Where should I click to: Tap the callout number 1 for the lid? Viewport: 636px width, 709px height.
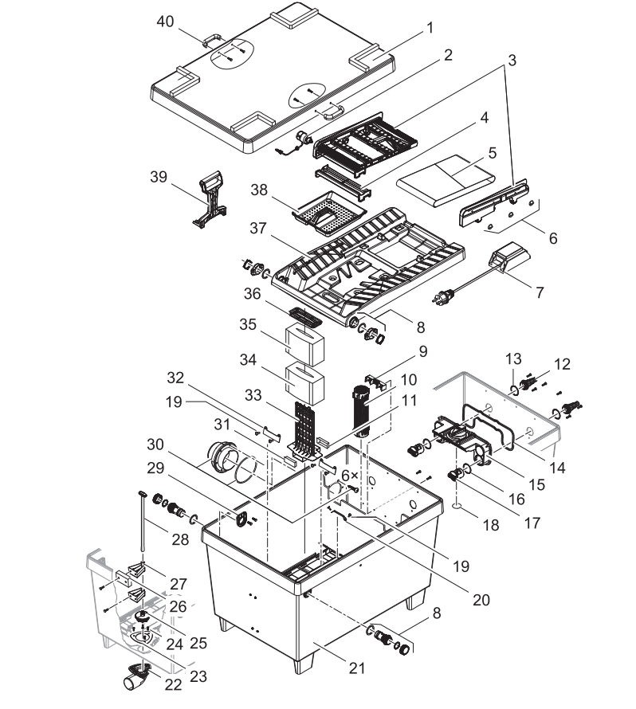point(430,27)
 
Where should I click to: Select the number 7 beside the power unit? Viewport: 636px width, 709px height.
point(540,292)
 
